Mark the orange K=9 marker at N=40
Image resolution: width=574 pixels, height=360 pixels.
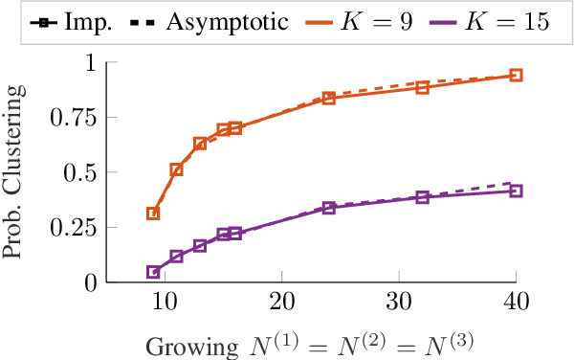(x=516, y=75)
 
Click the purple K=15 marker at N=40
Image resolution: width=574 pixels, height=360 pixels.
(x=516, y=191)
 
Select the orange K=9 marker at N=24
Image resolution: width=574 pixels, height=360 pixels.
(x=328, y=99)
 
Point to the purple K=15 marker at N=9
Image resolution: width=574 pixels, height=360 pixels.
(x=153, y=272)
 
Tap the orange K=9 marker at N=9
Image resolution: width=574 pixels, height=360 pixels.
(x=153, y=214)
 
